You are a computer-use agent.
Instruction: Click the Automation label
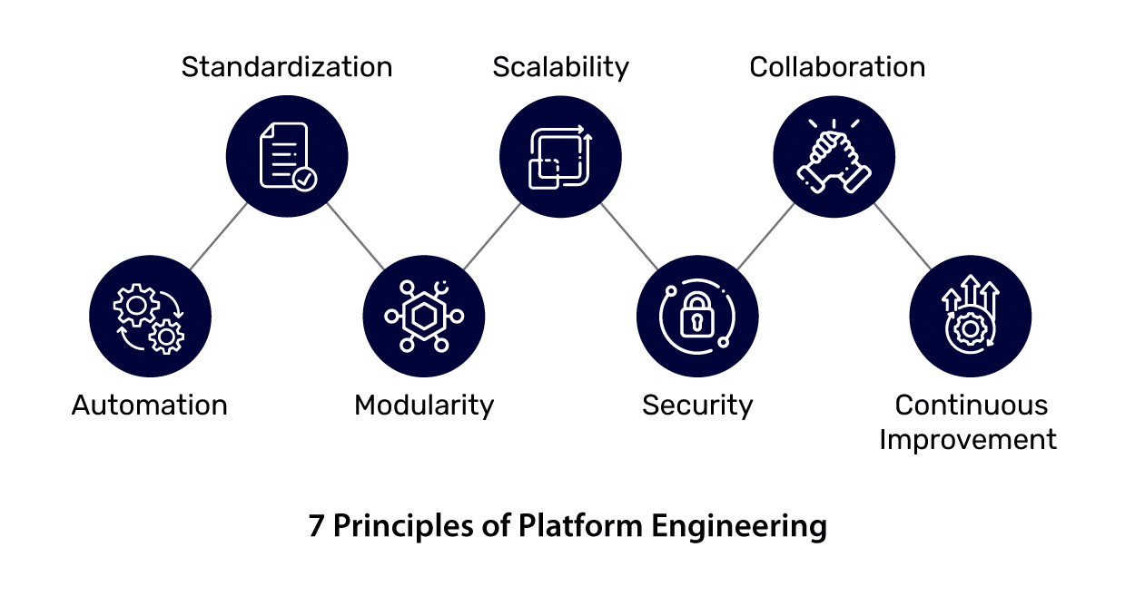point(150,405)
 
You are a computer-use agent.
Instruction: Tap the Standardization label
point(287,67)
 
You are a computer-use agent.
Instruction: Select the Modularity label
point(424,405)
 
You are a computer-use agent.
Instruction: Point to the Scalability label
point(560,67)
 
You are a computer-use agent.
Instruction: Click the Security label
point(697,405)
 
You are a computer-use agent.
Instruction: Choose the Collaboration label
point(837,67)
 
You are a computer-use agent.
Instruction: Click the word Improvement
point(968,440)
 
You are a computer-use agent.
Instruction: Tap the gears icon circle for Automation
point(150,317)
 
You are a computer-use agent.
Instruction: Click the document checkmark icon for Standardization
point(287,156)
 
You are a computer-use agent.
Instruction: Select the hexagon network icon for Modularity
point(424,317)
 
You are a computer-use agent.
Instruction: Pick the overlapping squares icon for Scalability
point(560,156)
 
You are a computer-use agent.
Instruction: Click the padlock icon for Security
point(697,317)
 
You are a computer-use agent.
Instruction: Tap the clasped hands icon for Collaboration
point(834,156)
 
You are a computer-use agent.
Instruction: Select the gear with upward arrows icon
point(970,317)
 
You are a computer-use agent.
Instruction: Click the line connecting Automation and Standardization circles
point(218,237)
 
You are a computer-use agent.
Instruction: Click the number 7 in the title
point(316,526)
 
